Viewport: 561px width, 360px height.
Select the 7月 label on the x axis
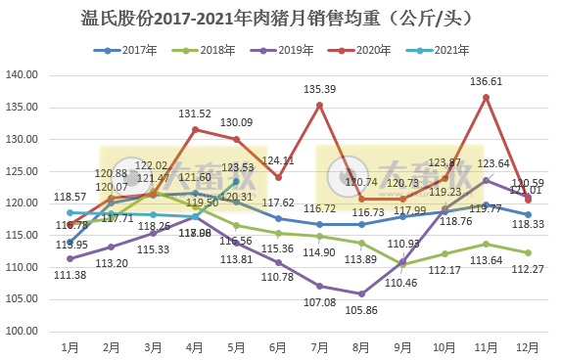pos(319,346)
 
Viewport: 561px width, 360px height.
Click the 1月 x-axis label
pos(70,346)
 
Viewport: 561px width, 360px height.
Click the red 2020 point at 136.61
pos(487,97)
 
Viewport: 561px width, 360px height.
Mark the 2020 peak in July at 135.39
pos(320,105)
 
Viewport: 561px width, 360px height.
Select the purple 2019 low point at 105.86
pos(361,293)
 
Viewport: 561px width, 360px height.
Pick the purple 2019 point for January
pos(70,258)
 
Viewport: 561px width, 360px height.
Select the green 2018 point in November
pos(487,244)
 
